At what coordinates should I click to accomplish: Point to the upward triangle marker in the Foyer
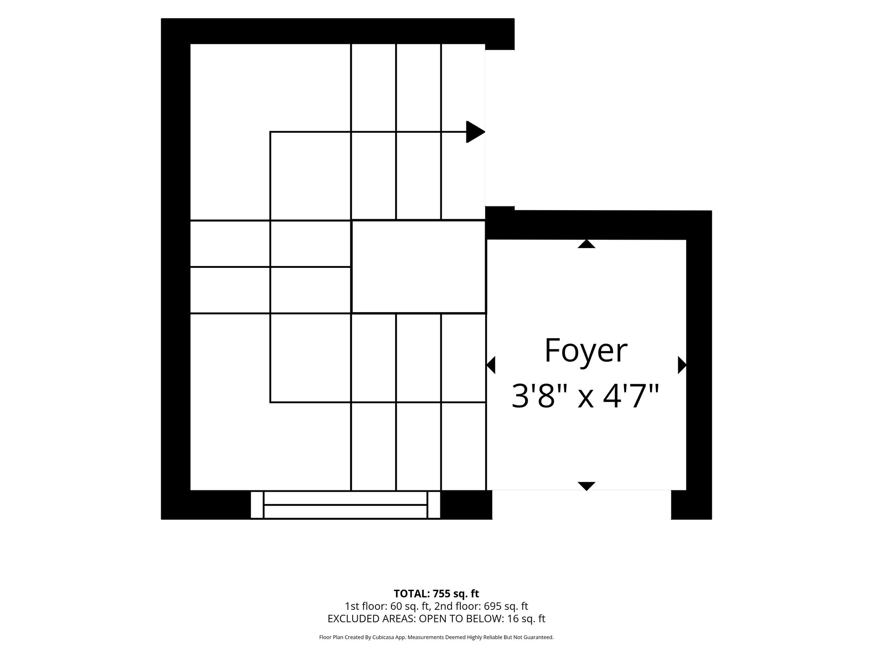click(x=587, y=243)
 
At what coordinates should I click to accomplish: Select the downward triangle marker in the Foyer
click(x=587, y=486)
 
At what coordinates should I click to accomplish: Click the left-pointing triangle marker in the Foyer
click(x=491, y=365)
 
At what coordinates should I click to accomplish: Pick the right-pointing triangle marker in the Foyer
click(x=682, y=365)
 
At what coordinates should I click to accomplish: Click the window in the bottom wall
click(x=345, y=505)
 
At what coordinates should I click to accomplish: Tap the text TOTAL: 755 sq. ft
click(x=436, y=594)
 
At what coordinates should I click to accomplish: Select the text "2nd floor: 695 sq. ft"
click(x=481, y=606)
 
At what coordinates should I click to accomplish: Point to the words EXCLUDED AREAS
click(x=371, y=619)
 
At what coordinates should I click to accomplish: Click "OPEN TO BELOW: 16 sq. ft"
click(x=483, y=619)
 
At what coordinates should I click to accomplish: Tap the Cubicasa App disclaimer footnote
click(x=436, y=638)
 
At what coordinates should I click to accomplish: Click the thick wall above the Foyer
click(x=598, y=225)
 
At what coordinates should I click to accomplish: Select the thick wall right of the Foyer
click(x=699, y=365)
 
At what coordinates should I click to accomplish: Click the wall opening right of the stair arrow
click(x=500, y=128)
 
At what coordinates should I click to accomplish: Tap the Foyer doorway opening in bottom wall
click(x=582, y=505)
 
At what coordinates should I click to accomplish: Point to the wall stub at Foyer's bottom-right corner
click(x=691, y=505)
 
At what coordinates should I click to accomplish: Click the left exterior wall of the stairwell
click(x=176, y=269)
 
